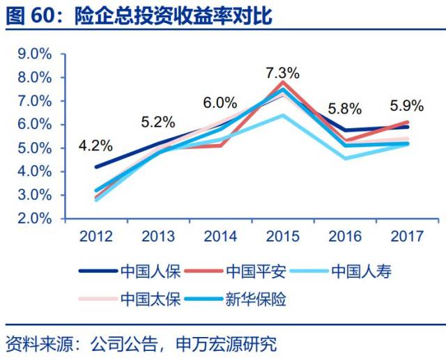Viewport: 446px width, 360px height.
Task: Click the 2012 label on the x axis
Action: click(96, 237)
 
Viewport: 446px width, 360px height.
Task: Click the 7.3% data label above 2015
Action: click(282, 72)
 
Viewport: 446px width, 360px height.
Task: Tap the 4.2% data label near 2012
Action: click(95, 146)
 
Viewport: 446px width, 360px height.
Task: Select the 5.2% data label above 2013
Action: click(157, 121)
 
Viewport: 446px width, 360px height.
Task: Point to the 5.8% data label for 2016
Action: click(344, 109)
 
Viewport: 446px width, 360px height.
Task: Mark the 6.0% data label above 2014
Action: click(220, 102)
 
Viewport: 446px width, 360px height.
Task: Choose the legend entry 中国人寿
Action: click(361, 271)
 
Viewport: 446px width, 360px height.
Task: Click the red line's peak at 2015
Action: click(282, 82)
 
